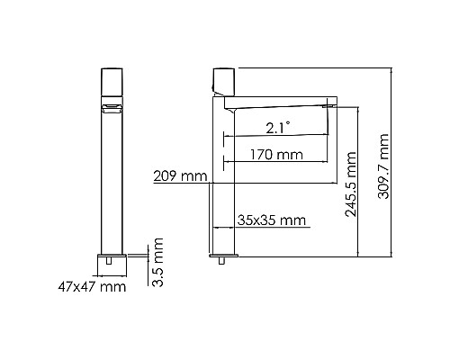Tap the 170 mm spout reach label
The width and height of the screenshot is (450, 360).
pos(277,155)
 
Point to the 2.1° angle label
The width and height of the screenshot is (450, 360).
pos(277,128)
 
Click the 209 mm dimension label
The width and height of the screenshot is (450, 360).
pos(181,176)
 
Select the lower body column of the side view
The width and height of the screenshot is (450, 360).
pos(221,216)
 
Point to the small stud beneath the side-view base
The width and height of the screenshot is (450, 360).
pos(221,264)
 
